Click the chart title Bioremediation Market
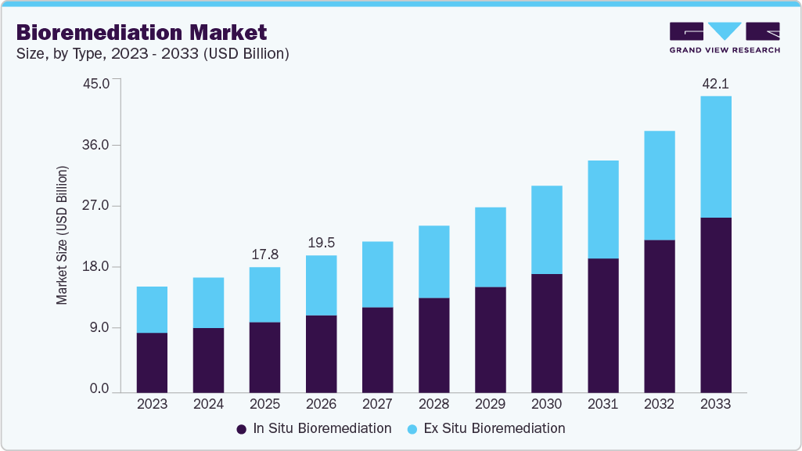click(142, 32)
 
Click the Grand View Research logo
click(725, 38)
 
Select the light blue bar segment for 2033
click(715, 157)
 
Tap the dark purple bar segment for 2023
click(152, 363)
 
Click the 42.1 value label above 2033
click(715, 84)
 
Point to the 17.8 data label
click(264, 254)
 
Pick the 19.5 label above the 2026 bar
click(321, 243)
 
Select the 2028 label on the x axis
click(433, 404)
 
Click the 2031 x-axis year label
click(602, 404)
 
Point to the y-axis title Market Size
click(62, 236)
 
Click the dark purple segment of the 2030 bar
click(546, 333)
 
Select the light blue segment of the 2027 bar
click(377, 274)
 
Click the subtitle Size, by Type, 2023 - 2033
click(153, 54)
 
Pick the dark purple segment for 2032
click(659, 316)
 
